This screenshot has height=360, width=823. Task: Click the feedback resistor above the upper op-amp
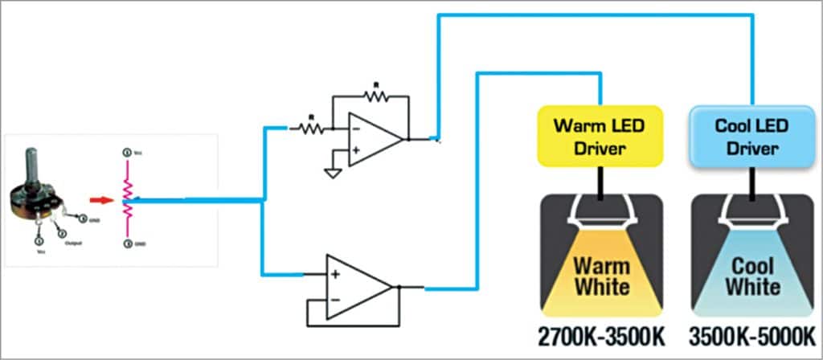(x=374, y=95)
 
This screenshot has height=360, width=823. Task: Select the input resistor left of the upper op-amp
(x=309, y=127)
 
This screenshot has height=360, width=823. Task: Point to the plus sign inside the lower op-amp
(x=334, y=274)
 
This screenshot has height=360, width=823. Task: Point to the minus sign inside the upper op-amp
(x=354, y=126)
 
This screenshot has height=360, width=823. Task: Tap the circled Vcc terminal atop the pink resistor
(x=126, y=152)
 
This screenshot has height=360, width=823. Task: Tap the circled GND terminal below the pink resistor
(x=126, y=243)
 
